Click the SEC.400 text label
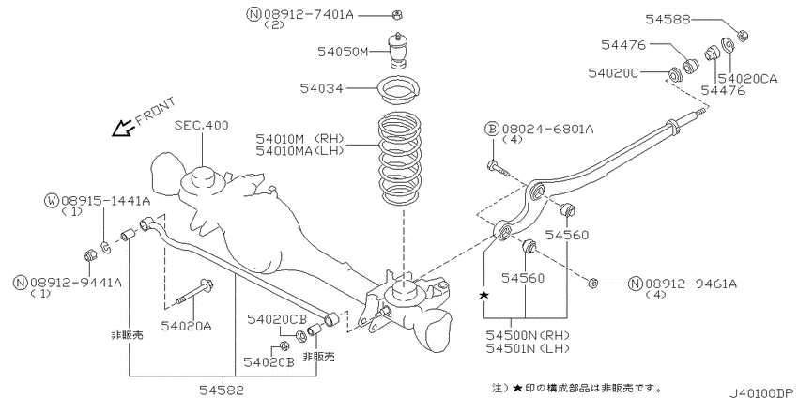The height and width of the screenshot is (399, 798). (x=202, y=125)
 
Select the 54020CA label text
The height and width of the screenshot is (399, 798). (x=749, y=79)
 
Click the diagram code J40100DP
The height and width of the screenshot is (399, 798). (x=757, y=388)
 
